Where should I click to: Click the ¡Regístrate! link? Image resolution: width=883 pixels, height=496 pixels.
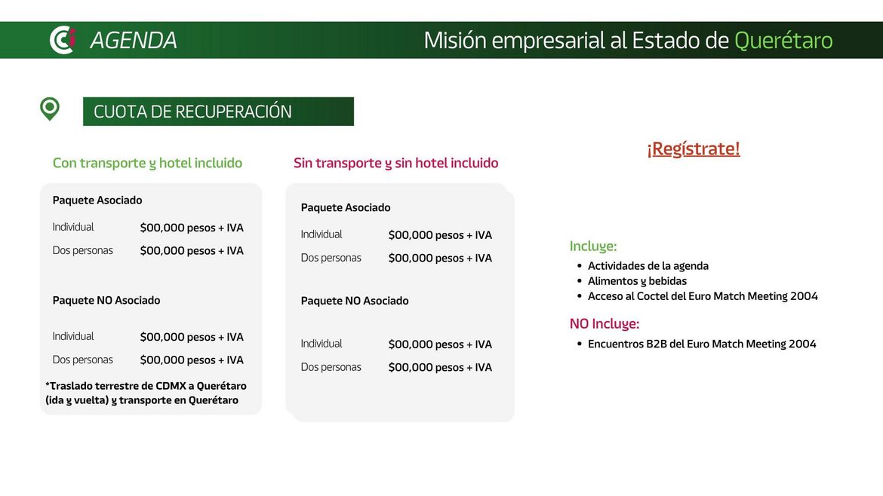click(694, 148)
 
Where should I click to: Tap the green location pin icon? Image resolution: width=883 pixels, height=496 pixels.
click(50, 109)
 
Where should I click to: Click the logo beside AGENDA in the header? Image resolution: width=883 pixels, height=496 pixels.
click(63, 40)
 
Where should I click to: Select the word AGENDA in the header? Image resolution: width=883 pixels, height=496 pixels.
click(134, 41)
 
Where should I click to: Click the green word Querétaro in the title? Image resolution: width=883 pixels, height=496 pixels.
click(783, 41)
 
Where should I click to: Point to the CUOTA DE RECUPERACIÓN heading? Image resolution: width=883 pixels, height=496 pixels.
click(192, 112)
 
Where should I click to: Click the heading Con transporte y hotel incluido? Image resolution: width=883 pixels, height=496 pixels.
click(147, 163)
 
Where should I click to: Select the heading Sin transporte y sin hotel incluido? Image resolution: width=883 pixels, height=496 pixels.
click(396, 163)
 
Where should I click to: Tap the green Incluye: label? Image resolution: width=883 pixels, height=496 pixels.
click(593, 246)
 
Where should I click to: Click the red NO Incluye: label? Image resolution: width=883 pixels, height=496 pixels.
click(605, 324)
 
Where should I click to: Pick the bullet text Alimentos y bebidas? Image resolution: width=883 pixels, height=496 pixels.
click(637, 281)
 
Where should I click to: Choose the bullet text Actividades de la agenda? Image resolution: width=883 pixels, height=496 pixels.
click(648, 266)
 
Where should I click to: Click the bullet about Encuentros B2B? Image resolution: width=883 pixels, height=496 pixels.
click(702, 344)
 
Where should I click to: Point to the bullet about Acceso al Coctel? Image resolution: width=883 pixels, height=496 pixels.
click(703, 296)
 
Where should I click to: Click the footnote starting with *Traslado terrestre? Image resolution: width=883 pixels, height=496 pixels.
click(146, 393)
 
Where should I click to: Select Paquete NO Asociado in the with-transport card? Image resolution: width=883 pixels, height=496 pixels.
click(106, 300)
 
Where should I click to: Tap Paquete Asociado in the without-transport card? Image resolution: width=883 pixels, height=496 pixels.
click(345, 207)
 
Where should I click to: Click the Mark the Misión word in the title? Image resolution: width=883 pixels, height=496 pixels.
click(455, 41)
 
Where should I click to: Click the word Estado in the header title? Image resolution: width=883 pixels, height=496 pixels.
click(665, 41)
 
